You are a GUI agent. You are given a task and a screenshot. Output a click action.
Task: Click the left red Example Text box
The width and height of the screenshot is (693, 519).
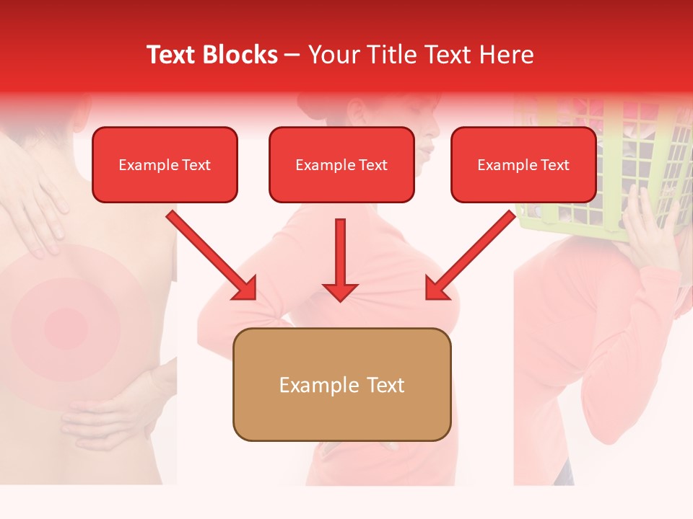165,165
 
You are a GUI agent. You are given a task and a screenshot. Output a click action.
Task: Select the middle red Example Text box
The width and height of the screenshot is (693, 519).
341,165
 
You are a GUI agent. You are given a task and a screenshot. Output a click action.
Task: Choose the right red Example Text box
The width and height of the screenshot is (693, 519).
523,165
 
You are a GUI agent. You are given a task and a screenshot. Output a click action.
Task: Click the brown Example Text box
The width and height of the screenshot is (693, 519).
341,384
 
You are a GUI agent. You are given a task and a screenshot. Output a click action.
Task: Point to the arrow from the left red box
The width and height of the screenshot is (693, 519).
213,256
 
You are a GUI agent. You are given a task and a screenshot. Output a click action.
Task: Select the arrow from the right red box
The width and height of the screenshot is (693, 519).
470,256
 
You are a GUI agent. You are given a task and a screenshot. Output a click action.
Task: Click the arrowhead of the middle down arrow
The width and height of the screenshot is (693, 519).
340,291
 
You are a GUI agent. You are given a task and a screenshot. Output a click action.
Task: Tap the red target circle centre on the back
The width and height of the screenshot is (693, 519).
66,326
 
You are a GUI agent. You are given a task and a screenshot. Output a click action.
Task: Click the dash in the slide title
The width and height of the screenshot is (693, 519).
292,56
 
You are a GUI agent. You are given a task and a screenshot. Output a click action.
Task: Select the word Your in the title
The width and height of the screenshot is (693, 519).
333,55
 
